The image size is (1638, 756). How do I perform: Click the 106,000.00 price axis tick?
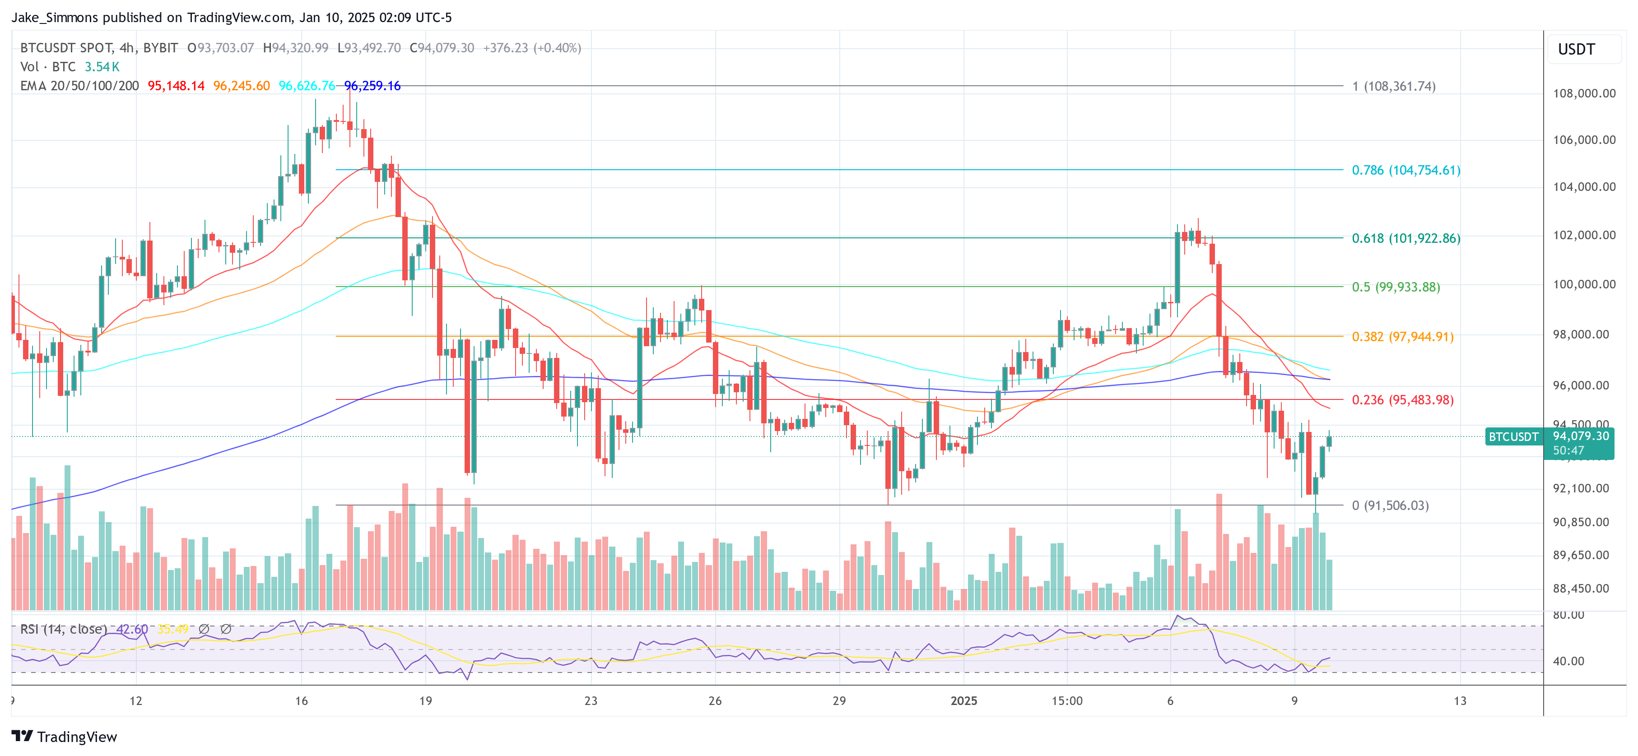click(1584, 140)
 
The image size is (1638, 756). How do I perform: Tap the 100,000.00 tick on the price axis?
click(1584, 284)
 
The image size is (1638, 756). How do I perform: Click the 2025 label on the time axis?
click(963, 700)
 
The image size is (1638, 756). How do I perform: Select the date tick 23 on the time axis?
click(591, 700)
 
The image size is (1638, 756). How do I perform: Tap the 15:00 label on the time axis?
click(1066, 700)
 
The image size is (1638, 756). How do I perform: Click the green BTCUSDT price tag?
click(1513, 437)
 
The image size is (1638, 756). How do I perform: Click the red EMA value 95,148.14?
click(176, 86)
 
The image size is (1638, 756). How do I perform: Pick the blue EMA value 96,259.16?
click(372, 86)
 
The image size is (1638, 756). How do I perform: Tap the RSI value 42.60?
click(132, 629)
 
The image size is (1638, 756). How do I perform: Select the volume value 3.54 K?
click(102, 67)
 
